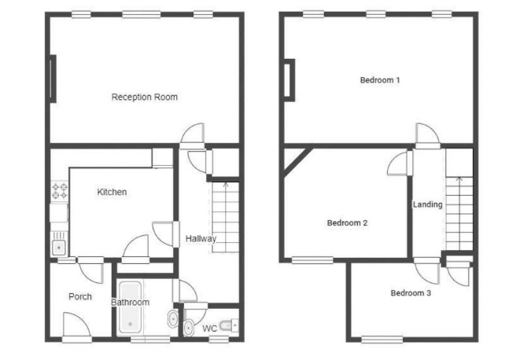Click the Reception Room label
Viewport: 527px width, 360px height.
145,97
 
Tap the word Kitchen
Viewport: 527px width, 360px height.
112,192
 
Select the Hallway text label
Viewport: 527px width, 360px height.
201,239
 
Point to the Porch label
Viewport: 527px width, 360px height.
80,296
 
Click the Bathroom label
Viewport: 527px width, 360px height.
130,303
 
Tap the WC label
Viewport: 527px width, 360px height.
209,329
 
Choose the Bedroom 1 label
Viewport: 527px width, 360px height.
380,80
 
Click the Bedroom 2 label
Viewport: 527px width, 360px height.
347,223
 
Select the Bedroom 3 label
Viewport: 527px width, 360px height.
411,293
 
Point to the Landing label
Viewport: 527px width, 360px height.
428,204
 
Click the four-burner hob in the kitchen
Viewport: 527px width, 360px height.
60,191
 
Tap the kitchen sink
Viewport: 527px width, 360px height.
59,244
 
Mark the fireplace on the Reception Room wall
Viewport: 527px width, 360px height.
53,79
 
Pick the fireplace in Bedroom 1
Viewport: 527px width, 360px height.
289,80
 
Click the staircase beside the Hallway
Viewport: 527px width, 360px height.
225,217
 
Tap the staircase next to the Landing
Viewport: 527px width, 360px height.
459,214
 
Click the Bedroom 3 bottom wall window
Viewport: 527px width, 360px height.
382,340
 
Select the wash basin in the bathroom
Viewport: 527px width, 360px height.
173,318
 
